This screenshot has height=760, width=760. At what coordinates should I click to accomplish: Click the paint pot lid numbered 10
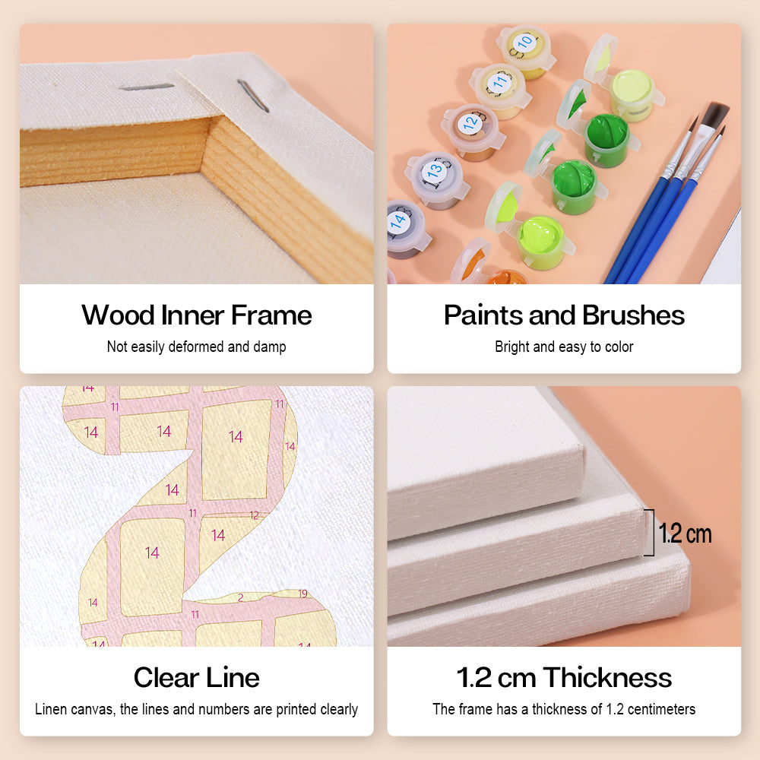[x=524, y=43]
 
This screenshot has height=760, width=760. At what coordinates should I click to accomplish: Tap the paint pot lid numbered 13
[x=435, y=171]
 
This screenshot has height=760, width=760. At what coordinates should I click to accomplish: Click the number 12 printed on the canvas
[x=254, y=515]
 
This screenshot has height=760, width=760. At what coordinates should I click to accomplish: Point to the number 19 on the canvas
[x=302, y=594]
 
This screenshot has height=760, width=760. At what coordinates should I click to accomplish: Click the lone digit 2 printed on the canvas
[x=240, y=598]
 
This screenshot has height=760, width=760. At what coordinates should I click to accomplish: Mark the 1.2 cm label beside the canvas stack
[x=686, y=534]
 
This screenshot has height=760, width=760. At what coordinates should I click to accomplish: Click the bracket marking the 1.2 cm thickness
[x=650, y=532]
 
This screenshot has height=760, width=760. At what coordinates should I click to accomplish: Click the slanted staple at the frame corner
[x=249, y=96]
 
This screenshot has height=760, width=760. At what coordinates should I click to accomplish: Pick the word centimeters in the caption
[x=660, y=710]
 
